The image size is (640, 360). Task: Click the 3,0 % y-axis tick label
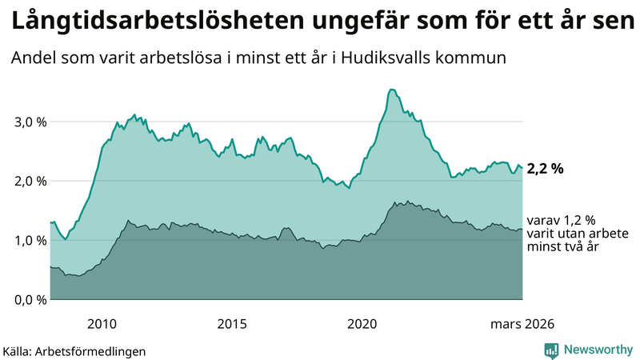tap(30, 122)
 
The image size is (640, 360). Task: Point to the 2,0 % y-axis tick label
tap(30, 181)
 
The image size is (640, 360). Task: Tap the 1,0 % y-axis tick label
tap(30, 240)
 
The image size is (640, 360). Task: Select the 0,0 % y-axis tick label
tap(30, 299)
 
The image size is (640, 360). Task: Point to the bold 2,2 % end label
tap(546, 168)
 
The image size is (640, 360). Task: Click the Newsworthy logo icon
tap(551, 350)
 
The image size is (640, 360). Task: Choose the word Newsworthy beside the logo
tap(597, 350)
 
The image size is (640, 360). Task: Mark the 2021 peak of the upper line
tap(390, 90)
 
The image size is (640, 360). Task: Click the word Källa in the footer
tap(18, 350)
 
